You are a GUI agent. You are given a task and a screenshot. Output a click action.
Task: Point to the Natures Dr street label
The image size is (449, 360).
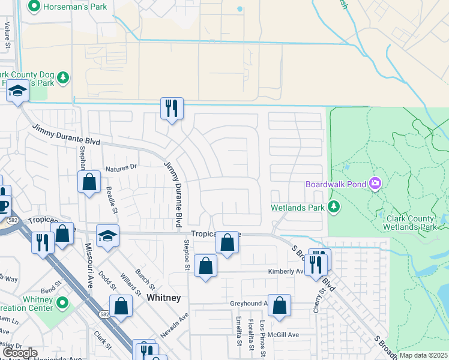[121, 167]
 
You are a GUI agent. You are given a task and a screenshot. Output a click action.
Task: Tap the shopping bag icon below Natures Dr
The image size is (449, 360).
[89, 182]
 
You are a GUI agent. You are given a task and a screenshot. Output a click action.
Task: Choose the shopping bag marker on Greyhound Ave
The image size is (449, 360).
[279, 305]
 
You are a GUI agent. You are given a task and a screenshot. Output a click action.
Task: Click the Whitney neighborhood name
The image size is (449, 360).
[163, 298]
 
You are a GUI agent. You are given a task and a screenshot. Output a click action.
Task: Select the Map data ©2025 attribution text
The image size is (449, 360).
[423, 355]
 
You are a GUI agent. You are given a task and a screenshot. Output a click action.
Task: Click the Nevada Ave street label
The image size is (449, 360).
[175, 325]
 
